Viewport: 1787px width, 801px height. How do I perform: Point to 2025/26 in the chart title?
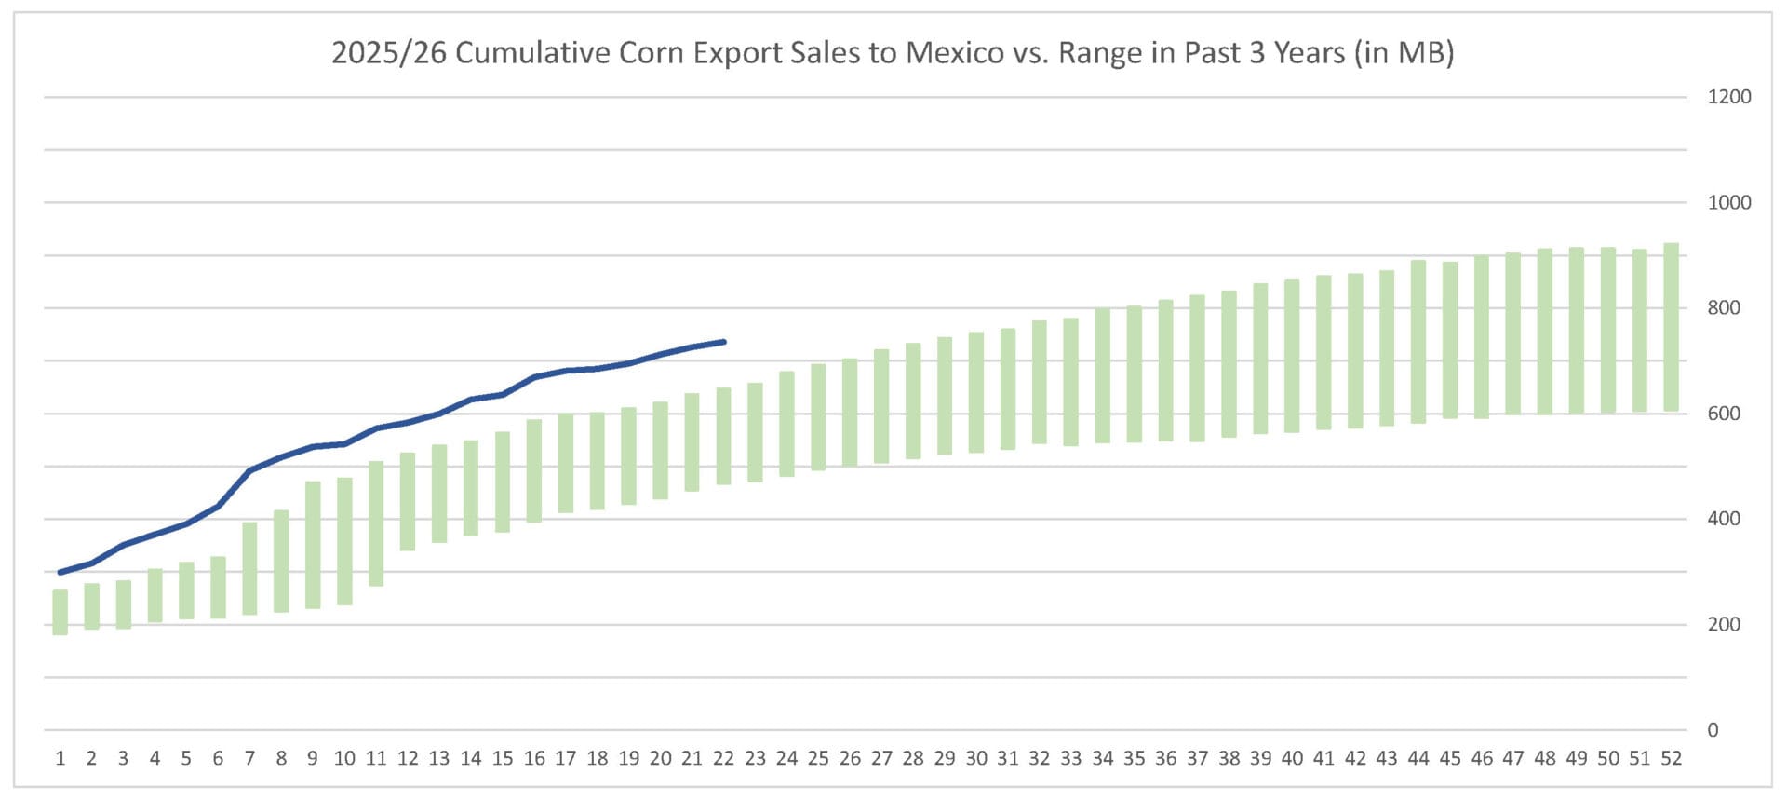tap(389, 52)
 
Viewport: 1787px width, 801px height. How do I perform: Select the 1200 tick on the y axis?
tap(1728, 97)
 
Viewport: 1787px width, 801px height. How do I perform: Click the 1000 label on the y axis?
tap(1728, 202)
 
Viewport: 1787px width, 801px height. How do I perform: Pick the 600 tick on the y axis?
tap(1724, 414)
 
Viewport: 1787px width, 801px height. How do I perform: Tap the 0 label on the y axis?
tap(1713, 730)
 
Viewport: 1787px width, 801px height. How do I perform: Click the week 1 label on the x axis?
tap(60, 758)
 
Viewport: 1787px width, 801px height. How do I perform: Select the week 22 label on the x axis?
tap(723, 758)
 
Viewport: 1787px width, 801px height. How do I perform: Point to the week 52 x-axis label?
tap(1671, 758)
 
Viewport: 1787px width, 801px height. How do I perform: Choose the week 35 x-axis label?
tap(1134, 758)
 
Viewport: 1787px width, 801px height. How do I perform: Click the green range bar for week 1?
tap(60, 612)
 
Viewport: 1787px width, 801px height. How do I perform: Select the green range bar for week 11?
tap(376, 523)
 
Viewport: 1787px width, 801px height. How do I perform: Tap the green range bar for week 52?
tap(1671, 327)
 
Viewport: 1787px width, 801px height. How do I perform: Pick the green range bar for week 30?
tap(976, 392)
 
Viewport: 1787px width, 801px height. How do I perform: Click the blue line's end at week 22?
tap(723, 342)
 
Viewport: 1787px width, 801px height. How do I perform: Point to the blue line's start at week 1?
tap(60, 572)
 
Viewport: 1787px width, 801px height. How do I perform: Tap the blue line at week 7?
tap(249, 470)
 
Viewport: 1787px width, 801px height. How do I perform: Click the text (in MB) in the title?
tap(1404, 52)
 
